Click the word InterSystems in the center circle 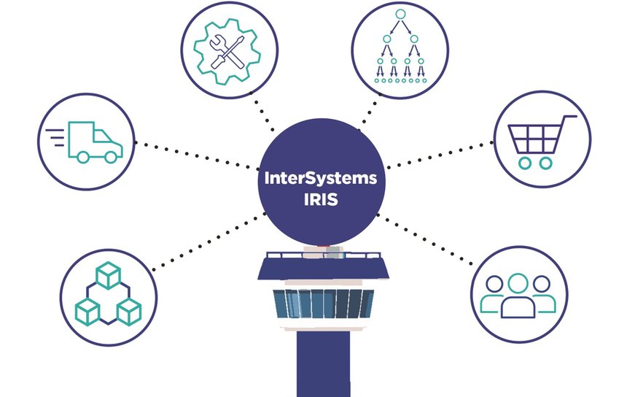320,178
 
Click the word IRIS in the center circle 321,199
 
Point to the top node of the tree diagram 400,15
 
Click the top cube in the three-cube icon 108,275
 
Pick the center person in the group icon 518,296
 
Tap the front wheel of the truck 111,157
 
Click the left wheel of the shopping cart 525,163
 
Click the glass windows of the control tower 323,304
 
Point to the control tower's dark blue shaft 323,363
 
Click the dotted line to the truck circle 197,155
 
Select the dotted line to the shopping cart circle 440,155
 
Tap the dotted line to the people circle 424,239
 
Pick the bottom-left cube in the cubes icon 87,312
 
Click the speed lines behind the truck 55,138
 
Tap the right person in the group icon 544,294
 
